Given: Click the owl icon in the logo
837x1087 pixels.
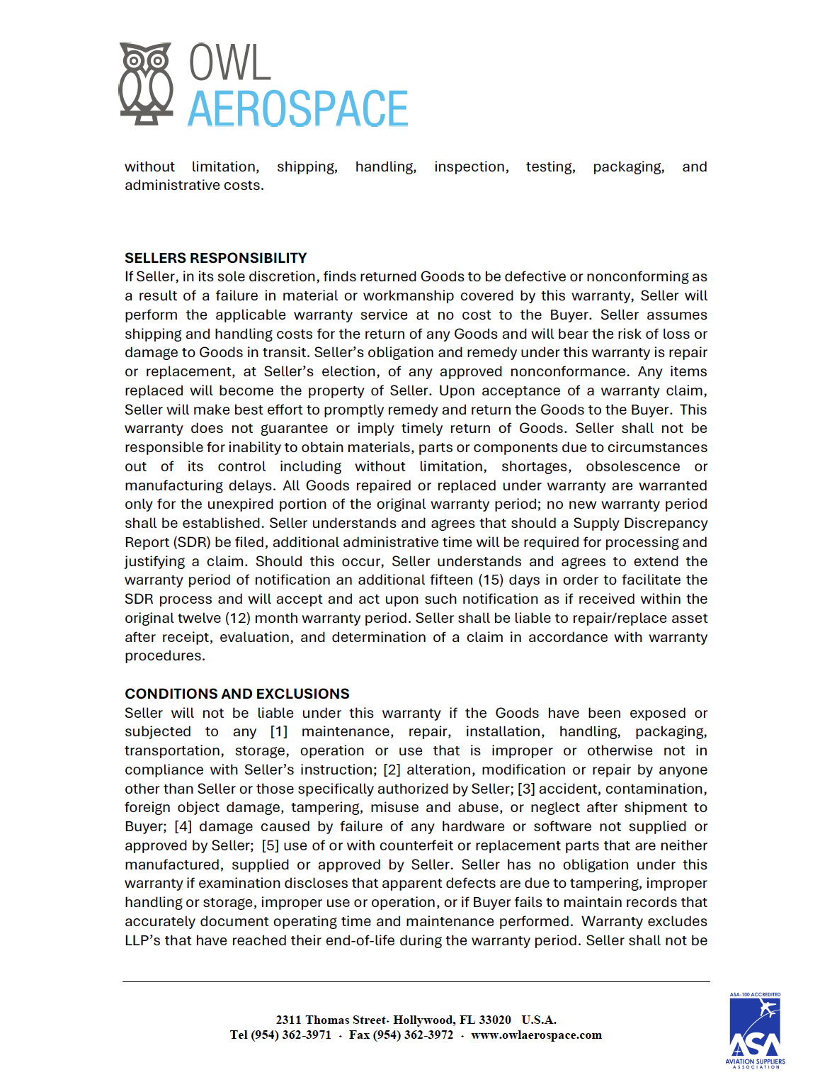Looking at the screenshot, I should coord(146,83).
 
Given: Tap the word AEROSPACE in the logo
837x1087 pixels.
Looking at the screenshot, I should coord(297,109).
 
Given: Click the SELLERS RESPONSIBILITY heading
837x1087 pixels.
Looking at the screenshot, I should coord(215,258).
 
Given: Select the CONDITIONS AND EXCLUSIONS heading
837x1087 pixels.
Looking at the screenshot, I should coord(237,694).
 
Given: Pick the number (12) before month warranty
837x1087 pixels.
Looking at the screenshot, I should coord(239,618).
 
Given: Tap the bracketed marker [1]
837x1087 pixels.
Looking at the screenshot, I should coord(279,731).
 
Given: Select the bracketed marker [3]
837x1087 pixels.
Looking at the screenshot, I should coord(526,789).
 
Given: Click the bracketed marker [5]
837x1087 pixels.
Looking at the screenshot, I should coord(270,845).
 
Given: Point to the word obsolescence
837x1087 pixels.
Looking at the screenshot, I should coord(632,466).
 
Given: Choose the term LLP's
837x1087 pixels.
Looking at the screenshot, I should coord(142,940).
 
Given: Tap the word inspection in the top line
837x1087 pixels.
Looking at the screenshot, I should coord(471,167).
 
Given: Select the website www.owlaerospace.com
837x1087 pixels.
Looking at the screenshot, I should coord(536,1035).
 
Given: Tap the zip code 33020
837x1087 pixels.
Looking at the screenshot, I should coord(495,1020).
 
